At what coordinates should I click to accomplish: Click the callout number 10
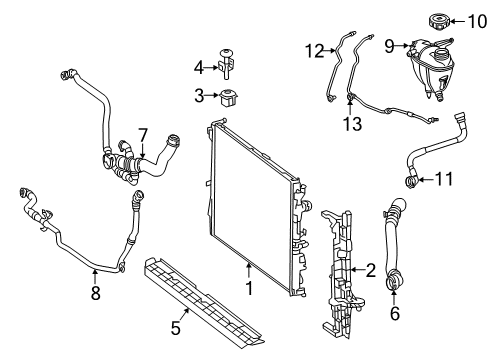click(x=477, y=22)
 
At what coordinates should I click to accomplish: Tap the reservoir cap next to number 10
click(x=439, y=21)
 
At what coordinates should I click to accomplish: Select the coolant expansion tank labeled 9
click(x=431, y=69)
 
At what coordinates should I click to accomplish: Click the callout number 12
click(x=314, y=51)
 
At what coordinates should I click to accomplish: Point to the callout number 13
click(x=352, y=124)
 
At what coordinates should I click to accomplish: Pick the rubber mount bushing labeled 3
click(x=229, y=98)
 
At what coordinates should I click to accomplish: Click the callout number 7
click(x=142, y=136)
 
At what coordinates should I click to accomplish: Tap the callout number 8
click(x=95, y=293)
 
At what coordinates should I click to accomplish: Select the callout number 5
click(x=175, y=328)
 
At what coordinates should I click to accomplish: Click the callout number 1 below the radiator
click(x=249, y=288)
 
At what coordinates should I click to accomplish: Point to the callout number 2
click(x=371, y=270)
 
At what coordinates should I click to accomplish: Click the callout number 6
click(x=395, y=313)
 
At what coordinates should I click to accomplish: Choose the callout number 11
click(x=444, y=179)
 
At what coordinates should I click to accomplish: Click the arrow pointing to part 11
click(x=426, y=180)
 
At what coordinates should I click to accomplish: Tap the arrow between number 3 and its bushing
click(x=212, y=96)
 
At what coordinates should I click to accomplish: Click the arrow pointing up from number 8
click(x=95, y=276)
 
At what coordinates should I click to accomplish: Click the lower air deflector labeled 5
click(x=203, y=303)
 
